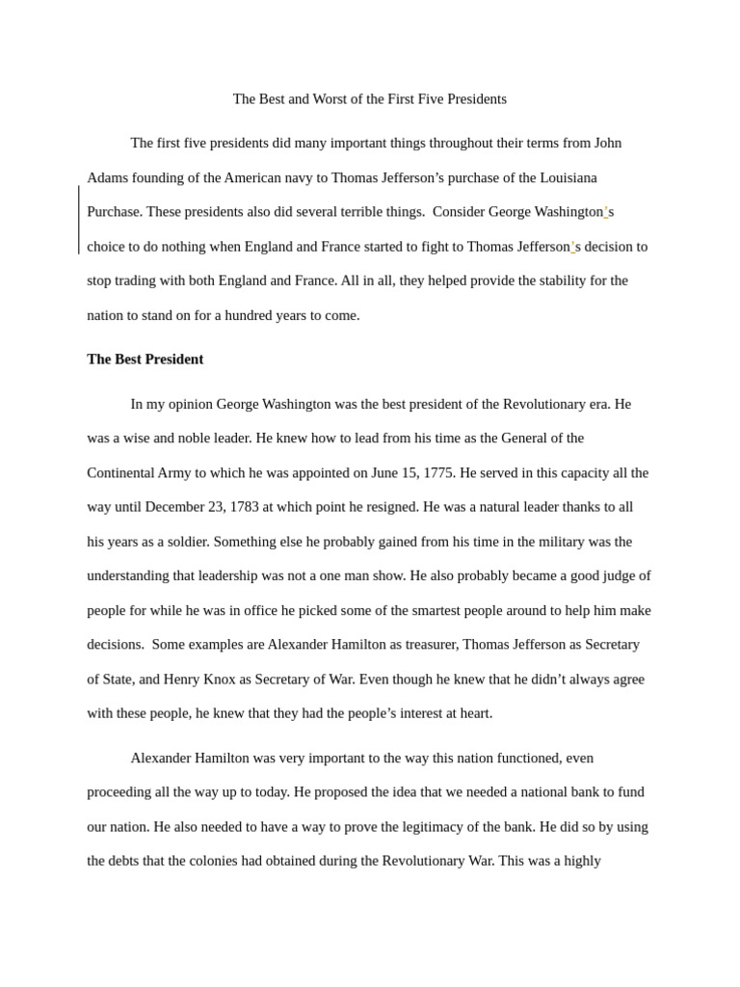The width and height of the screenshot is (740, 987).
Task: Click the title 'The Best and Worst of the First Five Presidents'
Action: click(369, 99)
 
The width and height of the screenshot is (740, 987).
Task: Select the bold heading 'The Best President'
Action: click(145, 360)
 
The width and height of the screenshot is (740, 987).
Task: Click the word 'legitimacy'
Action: click(430, 826)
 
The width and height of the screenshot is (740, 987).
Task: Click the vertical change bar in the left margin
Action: click(79, 220)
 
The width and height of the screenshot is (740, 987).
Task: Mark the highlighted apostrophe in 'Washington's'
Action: click(606, 211)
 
